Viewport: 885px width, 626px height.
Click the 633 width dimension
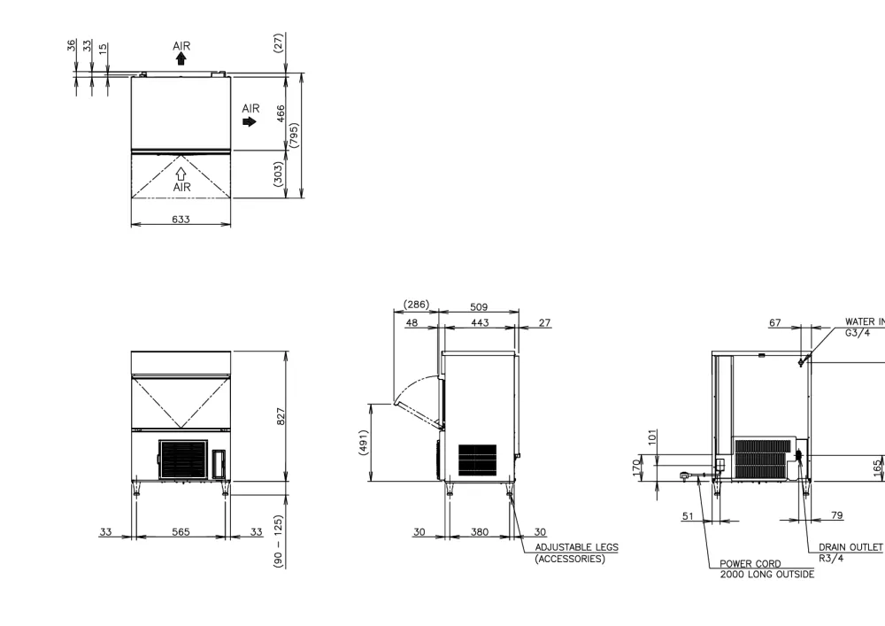pos(181,219)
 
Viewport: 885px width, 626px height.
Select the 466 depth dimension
pos(281,113)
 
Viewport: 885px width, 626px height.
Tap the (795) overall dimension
pos(294,135)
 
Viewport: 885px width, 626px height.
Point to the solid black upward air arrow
pos(181,58)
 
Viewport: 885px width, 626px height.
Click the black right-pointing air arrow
pos(250,121)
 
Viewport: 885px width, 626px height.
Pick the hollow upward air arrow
pos(181,174)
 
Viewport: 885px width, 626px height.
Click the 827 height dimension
pos(281,416)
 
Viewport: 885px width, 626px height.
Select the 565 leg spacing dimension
pos(181,532)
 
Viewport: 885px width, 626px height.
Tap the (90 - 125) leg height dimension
pos(278,541)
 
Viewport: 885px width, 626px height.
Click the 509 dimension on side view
pos(479,307)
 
